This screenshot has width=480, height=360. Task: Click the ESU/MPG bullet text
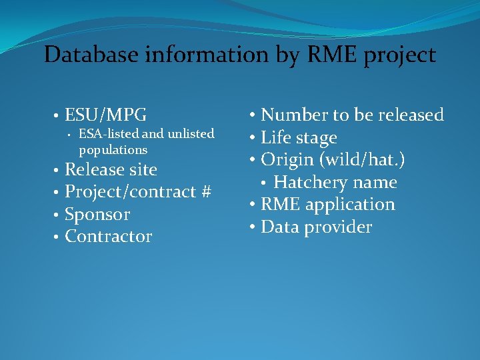106,115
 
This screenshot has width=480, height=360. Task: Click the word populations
113,150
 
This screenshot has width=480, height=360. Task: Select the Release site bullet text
111,170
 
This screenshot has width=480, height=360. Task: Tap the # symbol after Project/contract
205,192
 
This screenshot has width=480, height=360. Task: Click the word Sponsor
97,215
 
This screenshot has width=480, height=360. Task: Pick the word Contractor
108,237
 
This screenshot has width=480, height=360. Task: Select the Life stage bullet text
299,138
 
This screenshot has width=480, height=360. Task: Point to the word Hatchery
307,183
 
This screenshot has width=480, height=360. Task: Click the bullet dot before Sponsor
57,215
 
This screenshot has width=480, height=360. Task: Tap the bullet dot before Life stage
253,139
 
